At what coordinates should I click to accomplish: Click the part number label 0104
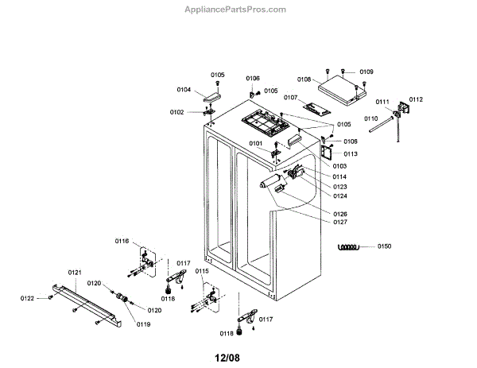coord(183,90)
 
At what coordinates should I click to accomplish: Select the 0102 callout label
coord(176,112)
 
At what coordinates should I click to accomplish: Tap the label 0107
coord(289,98)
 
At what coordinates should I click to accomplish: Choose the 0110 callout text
coord(371,118)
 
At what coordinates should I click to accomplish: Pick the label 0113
coord(351,153)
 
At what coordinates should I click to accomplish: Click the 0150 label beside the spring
coord(385,246)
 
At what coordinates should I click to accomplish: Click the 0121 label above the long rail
coord(75,273)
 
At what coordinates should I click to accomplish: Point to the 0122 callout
coord(28,298)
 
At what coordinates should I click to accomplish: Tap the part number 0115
coord(203,271)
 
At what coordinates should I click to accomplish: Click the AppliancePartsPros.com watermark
coord(235,10)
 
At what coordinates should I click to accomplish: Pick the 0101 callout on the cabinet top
coord(256,144)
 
